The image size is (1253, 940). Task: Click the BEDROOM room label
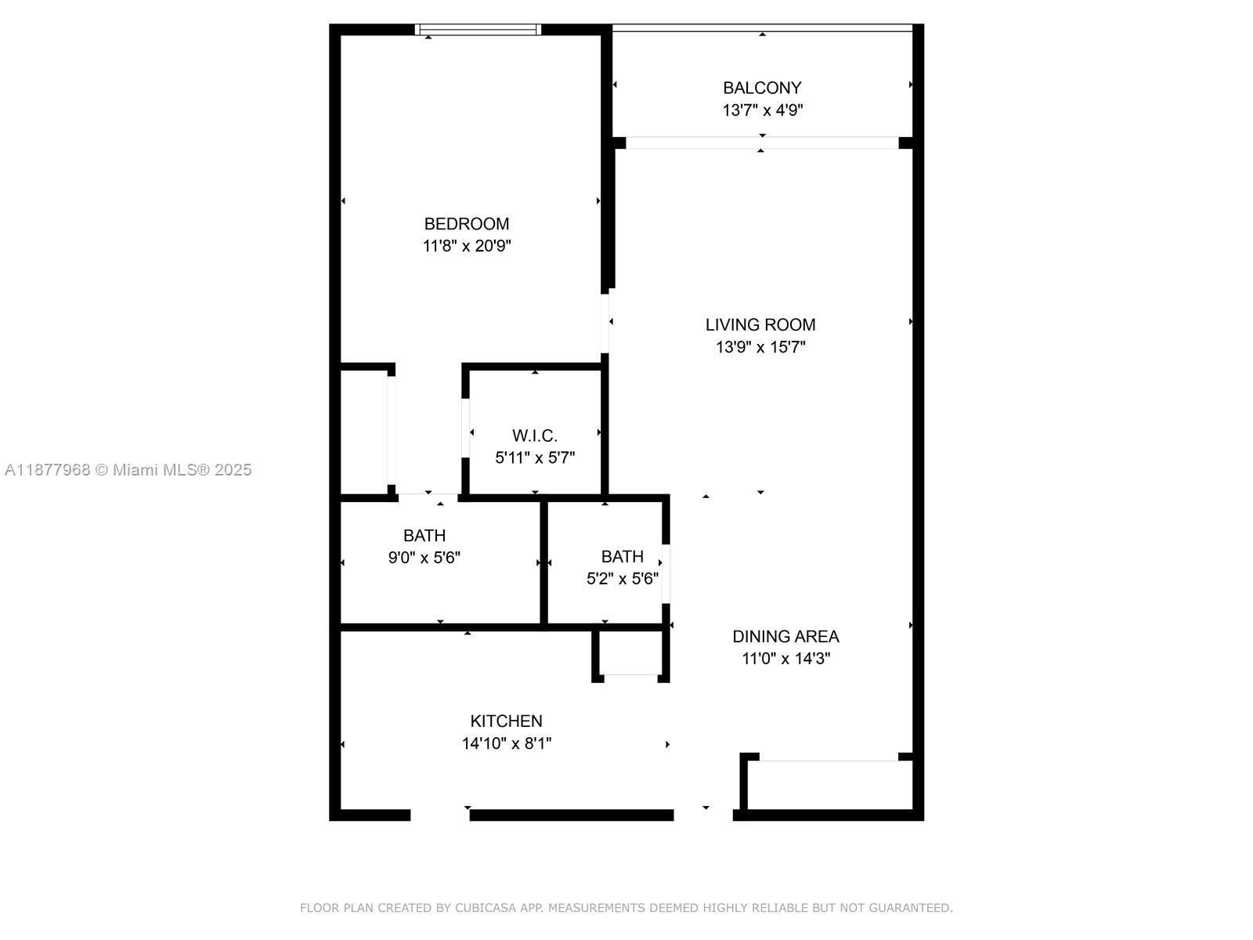tap(467, 224)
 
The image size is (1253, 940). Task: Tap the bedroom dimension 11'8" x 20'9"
tap(467, 246)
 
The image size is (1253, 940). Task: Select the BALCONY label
tap(762, 88)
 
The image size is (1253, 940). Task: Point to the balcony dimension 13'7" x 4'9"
tap(762, 110)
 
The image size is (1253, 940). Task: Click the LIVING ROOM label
tap(760, 324)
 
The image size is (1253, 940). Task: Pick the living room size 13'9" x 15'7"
tap(760, 347)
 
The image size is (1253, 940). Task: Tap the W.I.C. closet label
tap(535, 436)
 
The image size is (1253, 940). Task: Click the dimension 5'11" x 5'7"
tap(535, 457)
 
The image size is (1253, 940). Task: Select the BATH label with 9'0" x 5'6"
tap(424, 536)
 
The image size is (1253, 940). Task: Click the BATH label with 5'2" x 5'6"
tap(623, 557)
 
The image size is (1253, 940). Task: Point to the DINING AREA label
tap(785, 636)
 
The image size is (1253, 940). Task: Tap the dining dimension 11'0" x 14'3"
tap(785, 659)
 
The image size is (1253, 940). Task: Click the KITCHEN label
tap(506, 721)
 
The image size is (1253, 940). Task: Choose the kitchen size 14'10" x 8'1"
tap(506, 743)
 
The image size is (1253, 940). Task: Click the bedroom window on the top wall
tap(478, 30)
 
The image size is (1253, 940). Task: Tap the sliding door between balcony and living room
tap(761, 143)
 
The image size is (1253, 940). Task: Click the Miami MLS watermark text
tap(128, 470)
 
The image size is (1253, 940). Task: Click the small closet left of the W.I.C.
tap(364, 431)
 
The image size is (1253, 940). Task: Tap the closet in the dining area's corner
tap(829, 785)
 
